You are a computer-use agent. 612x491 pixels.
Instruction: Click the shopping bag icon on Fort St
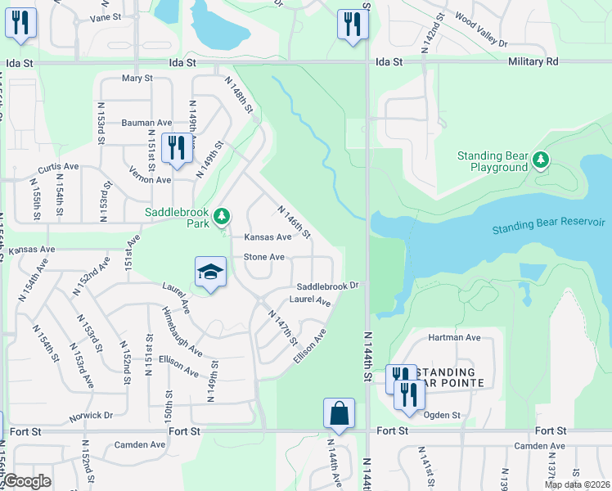[x=339, y=414]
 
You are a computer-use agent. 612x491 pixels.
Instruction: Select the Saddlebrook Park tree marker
[x=220, y=217]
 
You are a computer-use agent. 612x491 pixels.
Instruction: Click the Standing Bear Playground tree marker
[x=540, y=160]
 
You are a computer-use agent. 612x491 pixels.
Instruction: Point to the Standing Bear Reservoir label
[x=548, y=224]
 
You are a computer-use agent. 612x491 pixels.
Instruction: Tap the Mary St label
[x=137, y=79]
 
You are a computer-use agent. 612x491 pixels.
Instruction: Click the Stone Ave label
[x=264, y=257]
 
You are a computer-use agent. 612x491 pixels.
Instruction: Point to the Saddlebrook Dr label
[x=327, y=286]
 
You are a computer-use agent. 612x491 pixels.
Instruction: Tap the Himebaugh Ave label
[x=182, y=332]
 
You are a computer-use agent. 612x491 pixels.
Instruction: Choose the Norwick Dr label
[x=91, y=415]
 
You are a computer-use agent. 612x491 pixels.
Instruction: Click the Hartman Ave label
[x=454, y=337]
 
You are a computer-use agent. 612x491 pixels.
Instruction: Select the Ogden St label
[x=443, y=416]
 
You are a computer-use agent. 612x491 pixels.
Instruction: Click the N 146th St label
[x=295, y=222]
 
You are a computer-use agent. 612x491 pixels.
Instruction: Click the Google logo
[x=27, y=482]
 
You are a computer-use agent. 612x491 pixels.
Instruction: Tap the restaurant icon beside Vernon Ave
[x=175, y=148]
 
